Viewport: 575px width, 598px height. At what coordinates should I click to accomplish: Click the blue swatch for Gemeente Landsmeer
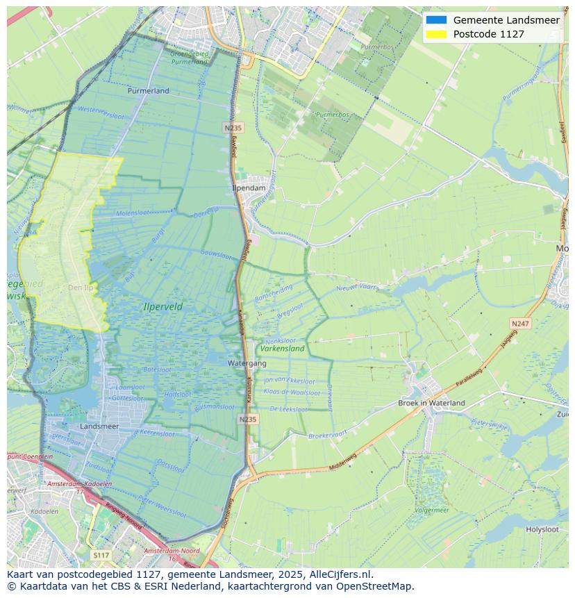pos(437,20)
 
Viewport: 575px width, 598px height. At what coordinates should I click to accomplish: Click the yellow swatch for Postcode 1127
pos(437,34)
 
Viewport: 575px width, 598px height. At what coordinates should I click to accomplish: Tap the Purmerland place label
pos(149,91)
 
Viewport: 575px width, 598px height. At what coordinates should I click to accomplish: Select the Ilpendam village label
pos(249,188)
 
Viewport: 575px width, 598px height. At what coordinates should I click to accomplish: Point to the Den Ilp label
pos(80,288)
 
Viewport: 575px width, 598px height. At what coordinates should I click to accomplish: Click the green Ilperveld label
pos(163,306)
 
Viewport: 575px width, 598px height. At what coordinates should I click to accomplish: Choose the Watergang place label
pos(247,363)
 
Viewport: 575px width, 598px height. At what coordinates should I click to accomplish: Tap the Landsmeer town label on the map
pos(99,426)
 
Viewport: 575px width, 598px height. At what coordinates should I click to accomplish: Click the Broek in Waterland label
pos(431,403)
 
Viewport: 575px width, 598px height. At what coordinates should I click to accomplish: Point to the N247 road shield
pos(519,324)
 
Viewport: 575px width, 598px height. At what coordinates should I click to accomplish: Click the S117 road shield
pos(101,556)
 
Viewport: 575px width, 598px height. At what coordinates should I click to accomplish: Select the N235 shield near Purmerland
pos(233,128)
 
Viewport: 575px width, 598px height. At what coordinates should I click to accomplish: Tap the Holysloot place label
pos(542,529)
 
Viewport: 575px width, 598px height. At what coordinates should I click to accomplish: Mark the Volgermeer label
pos(431,509)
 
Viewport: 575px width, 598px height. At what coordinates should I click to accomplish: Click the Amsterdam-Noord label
pos(171,551)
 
